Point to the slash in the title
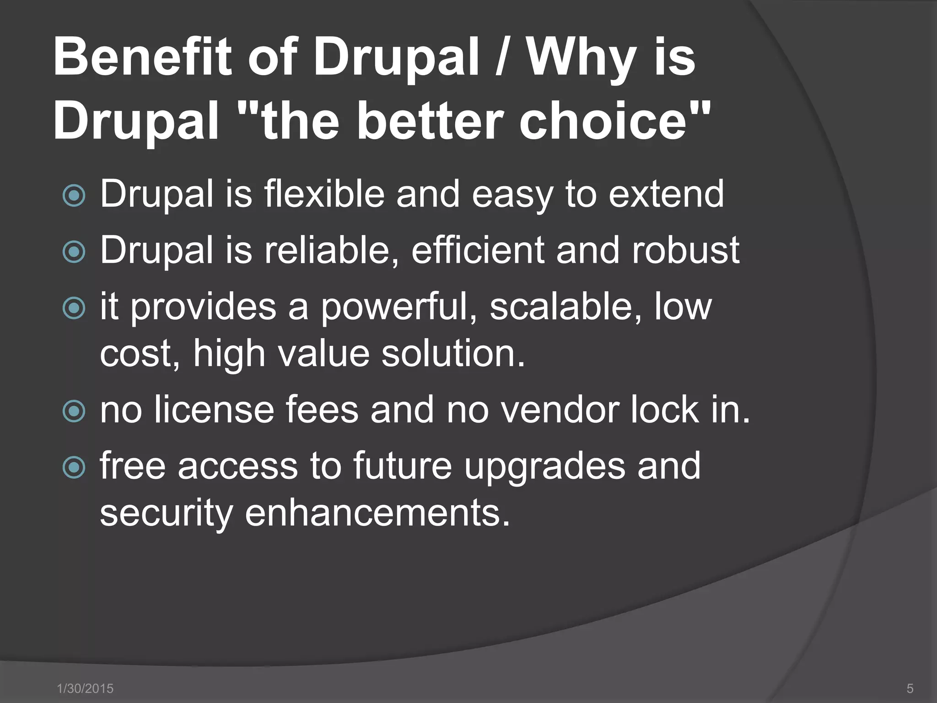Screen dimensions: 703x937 pyautogui.click(x=502, y=58)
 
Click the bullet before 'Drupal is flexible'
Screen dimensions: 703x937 pyautogui.click(x=74, y=196)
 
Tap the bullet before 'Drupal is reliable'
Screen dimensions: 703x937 pyautogui.click(x=74, y=252)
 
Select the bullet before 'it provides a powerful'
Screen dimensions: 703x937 pyautogui.click(x=74, y=308)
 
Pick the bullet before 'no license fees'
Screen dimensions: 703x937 pyautogui.click(x=74, y=411)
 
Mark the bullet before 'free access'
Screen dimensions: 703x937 pyautogui.click(x=74, y=467)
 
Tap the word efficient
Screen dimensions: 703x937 pyautogui.click(x=478, y=250)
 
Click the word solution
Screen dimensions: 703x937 pyautogui.click(x=453, y=354)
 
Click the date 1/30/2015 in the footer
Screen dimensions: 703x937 pyautogui.click(x=85, y=688)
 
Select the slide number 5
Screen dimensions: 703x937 pyautogui.click(x=910, y=688)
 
